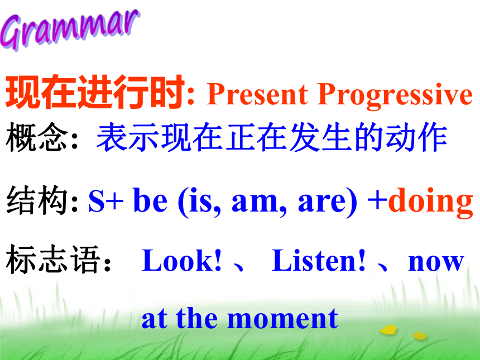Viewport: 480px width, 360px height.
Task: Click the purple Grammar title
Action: (x=70, y=29)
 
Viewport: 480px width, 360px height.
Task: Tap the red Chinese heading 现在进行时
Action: (x=95, y=92)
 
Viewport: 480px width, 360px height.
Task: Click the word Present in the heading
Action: (x=257, y=94)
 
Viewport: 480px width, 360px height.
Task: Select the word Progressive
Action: (x=395, y=95)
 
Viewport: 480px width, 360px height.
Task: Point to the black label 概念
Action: (x=37, y=137)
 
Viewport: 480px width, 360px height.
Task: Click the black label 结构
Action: (x=37, y=200)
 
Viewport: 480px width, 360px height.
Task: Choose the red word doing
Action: (x=431, y=201)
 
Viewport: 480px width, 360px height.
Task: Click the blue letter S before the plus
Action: (x=96, y=201)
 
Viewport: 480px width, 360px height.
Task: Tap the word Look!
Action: (x=181, y=260)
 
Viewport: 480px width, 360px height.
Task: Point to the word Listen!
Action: (x=318, y=260)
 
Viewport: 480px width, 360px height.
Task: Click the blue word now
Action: (x=436, y=263)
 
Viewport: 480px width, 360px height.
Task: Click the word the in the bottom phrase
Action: (x=197, y=318)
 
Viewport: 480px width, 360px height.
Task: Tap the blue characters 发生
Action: (x=320, y=137)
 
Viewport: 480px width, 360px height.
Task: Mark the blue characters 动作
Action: (x=416, y=137)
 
